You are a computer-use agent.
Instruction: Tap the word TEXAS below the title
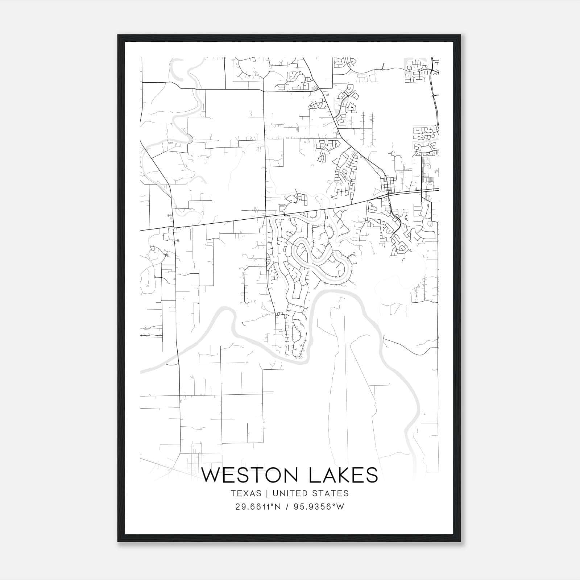coord(246,493)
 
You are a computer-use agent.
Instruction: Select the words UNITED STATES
coord(310,493)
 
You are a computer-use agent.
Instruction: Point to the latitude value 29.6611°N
coord(258,507)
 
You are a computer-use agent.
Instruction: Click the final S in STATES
coord(346,493)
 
